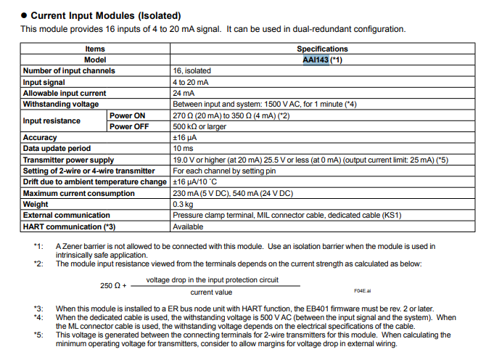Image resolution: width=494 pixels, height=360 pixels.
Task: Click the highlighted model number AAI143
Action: [x=316, y=60]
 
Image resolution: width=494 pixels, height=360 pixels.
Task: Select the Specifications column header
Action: [x=322, y=49]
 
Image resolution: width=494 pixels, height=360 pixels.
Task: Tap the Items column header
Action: [x=95, y=49]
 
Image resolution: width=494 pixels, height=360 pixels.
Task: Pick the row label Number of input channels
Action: [x=69, y=71]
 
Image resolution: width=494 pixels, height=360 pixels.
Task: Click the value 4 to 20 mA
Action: [x=189, y=82]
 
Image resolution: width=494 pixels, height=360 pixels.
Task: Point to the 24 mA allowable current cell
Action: [x=182, y=93]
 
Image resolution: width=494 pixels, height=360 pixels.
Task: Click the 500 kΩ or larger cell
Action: [x=199, y=126]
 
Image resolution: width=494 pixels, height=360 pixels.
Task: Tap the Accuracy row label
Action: [x=40, y=137]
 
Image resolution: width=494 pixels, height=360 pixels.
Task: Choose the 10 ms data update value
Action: [x=182, y=148]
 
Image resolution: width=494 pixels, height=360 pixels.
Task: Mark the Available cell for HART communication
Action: [x=188, y=226]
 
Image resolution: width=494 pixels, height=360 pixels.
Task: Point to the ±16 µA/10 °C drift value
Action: [x=197, y=181]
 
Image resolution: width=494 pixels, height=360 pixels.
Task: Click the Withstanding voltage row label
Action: [x=61, y=104]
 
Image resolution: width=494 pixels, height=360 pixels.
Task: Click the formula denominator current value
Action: [x=211, y=292]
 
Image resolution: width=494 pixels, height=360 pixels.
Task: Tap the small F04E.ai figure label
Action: [x=362, y=290]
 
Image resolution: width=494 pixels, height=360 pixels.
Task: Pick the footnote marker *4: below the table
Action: [x=38, y=317]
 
